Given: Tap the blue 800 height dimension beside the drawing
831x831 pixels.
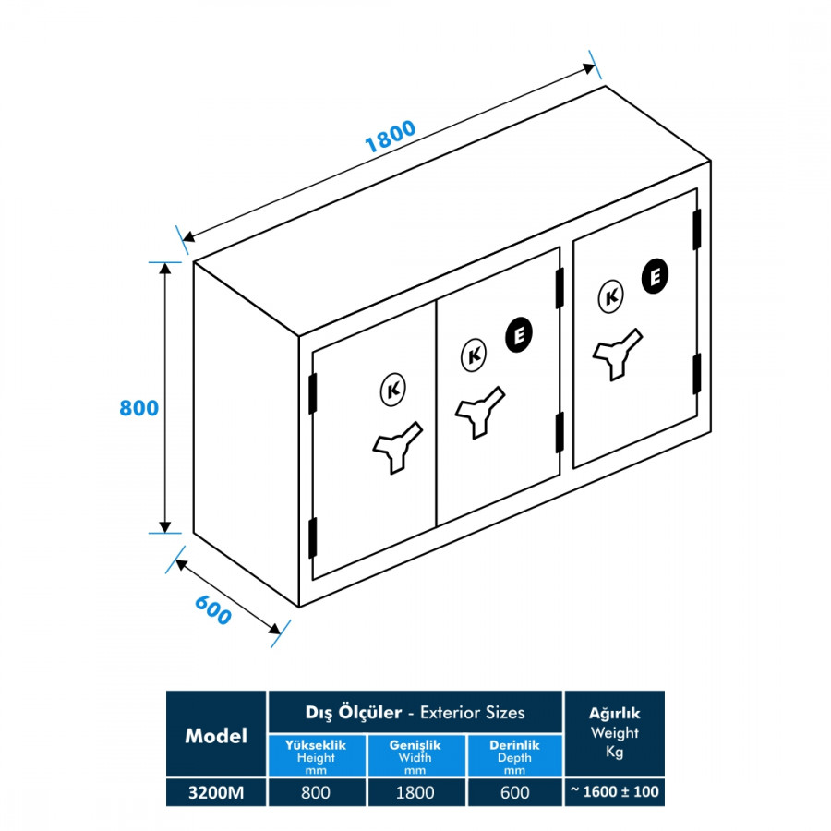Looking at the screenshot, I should [139, 408].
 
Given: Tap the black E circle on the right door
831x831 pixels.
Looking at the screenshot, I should [654, 276].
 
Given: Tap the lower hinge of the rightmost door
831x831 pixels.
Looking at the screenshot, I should [697, 373].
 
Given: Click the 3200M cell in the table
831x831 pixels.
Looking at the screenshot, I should [215, 791].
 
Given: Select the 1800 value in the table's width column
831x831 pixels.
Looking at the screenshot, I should [416, 791].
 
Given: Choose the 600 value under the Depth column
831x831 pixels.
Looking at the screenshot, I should [514, 791].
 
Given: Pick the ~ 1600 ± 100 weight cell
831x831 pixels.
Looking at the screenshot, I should [614, 791].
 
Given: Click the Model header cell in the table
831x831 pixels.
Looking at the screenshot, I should [216, 735].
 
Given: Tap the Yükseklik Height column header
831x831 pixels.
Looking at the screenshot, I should [316, 756].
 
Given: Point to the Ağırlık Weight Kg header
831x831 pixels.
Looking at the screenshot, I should [614, 732].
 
